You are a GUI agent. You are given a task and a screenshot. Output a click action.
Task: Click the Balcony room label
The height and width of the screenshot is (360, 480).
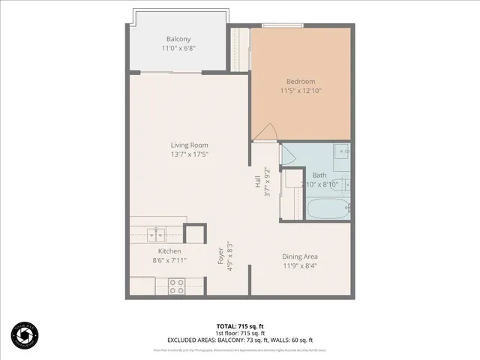coord(178,39)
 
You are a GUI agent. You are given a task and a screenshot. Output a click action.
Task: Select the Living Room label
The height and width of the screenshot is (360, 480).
coord(189,145)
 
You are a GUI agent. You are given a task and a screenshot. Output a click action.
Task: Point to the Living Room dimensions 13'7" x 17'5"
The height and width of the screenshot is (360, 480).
coord(189,154)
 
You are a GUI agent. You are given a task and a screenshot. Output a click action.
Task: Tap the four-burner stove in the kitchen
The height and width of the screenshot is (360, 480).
coord(177,285)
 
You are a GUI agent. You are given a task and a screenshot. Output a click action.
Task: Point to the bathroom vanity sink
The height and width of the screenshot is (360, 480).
coord(342,151)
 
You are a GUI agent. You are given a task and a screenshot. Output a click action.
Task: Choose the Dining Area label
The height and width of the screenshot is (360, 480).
coord(300,256)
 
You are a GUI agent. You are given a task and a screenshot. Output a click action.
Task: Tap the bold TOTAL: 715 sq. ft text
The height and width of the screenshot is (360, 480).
coord(239,326)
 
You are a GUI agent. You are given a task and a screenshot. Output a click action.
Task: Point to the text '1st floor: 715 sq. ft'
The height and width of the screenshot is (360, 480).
coord(239,333)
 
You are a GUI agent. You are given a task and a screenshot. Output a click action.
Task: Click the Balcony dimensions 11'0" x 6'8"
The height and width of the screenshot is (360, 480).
coord(178,48)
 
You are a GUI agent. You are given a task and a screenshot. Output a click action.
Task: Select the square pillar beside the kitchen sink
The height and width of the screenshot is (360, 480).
coord(194,233)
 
